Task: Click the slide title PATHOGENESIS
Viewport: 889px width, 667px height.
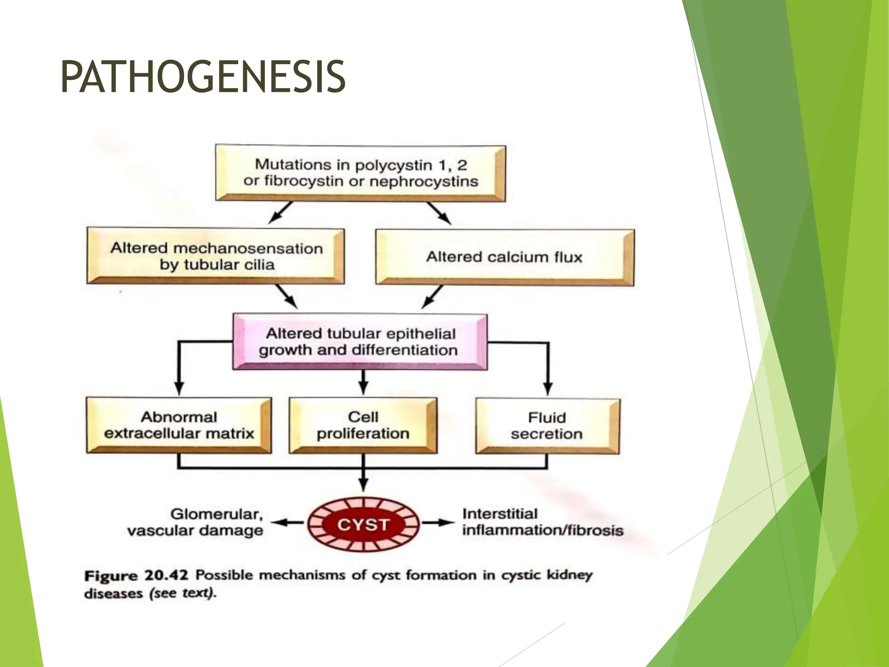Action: tap(203, 77)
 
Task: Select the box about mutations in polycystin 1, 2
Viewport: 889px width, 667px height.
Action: tap(360, 173)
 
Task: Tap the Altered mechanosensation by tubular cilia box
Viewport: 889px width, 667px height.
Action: tap(216, 256)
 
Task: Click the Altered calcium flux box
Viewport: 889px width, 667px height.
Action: tap(504, 257)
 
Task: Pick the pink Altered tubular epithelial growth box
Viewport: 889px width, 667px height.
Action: tap(360, 342)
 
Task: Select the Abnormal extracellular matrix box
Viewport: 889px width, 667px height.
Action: tap(179, 425)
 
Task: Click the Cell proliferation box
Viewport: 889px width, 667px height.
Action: tap(363, 425)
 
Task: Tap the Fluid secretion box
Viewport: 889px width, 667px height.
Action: tap(547, 426)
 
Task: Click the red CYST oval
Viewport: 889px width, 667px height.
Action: tap(364, 525)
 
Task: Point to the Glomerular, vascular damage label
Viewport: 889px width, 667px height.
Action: tap(195, 522)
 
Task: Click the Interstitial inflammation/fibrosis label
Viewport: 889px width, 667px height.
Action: tap(543, 522)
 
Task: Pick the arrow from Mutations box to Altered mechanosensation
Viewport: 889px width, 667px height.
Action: tap(280, 213)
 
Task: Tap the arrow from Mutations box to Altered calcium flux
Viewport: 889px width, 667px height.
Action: tap(439, 213)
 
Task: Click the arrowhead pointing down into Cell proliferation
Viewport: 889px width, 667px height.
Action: tap(364, 388)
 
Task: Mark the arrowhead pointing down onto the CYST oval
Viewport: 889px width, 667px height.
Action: tap(364, 484)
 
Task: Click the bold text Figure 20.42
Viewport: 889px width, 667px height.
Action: tap(136, 576)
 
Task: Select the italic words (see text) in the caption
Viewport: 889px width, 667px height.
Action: tap(182, 593)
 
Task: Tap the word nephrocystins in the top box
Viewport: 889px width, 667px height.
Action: tap(424, 181)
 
